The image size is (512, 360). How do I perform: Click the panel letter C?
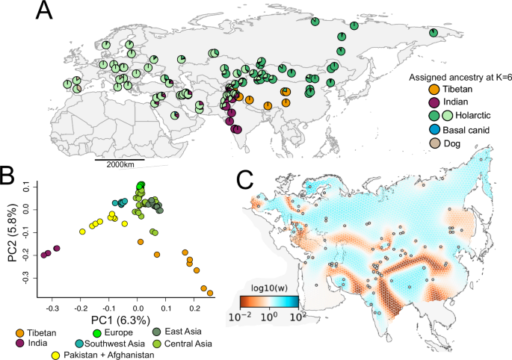coord(246,179)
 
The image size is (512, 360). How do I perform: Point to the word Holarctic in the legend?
coord(473,115)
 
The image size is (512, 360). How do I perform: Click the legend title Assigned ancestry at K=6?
coord(457,77)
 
